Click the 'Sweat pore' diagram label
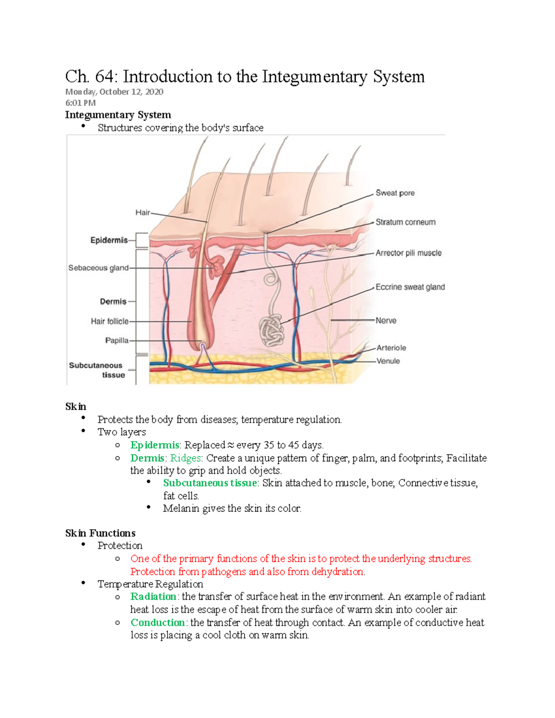pos(395,193)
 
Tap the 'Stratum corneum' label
pos(405,222)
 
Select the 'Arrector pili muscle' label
pos(408,253)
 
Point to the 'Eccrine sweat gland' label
pos(410,287)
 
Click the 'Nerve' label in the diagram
pos(386,320)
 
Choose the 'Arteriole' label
pos(391,348)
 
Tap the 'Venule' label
pos(388,361)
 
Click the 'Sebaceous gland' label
pos(98,268)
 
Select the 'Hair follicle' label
pos(109,321)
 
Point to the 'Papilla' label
pos(117,340)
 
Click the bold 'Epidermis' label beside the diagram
pos(109,240)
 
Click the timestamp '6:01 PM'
pos(80,103)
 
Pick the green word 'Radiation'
pos(153,596)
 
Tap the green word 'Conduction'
pos(158,622)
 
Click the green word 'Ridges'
pos(185,458)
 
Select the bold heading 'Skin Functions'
pos(100,533)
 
